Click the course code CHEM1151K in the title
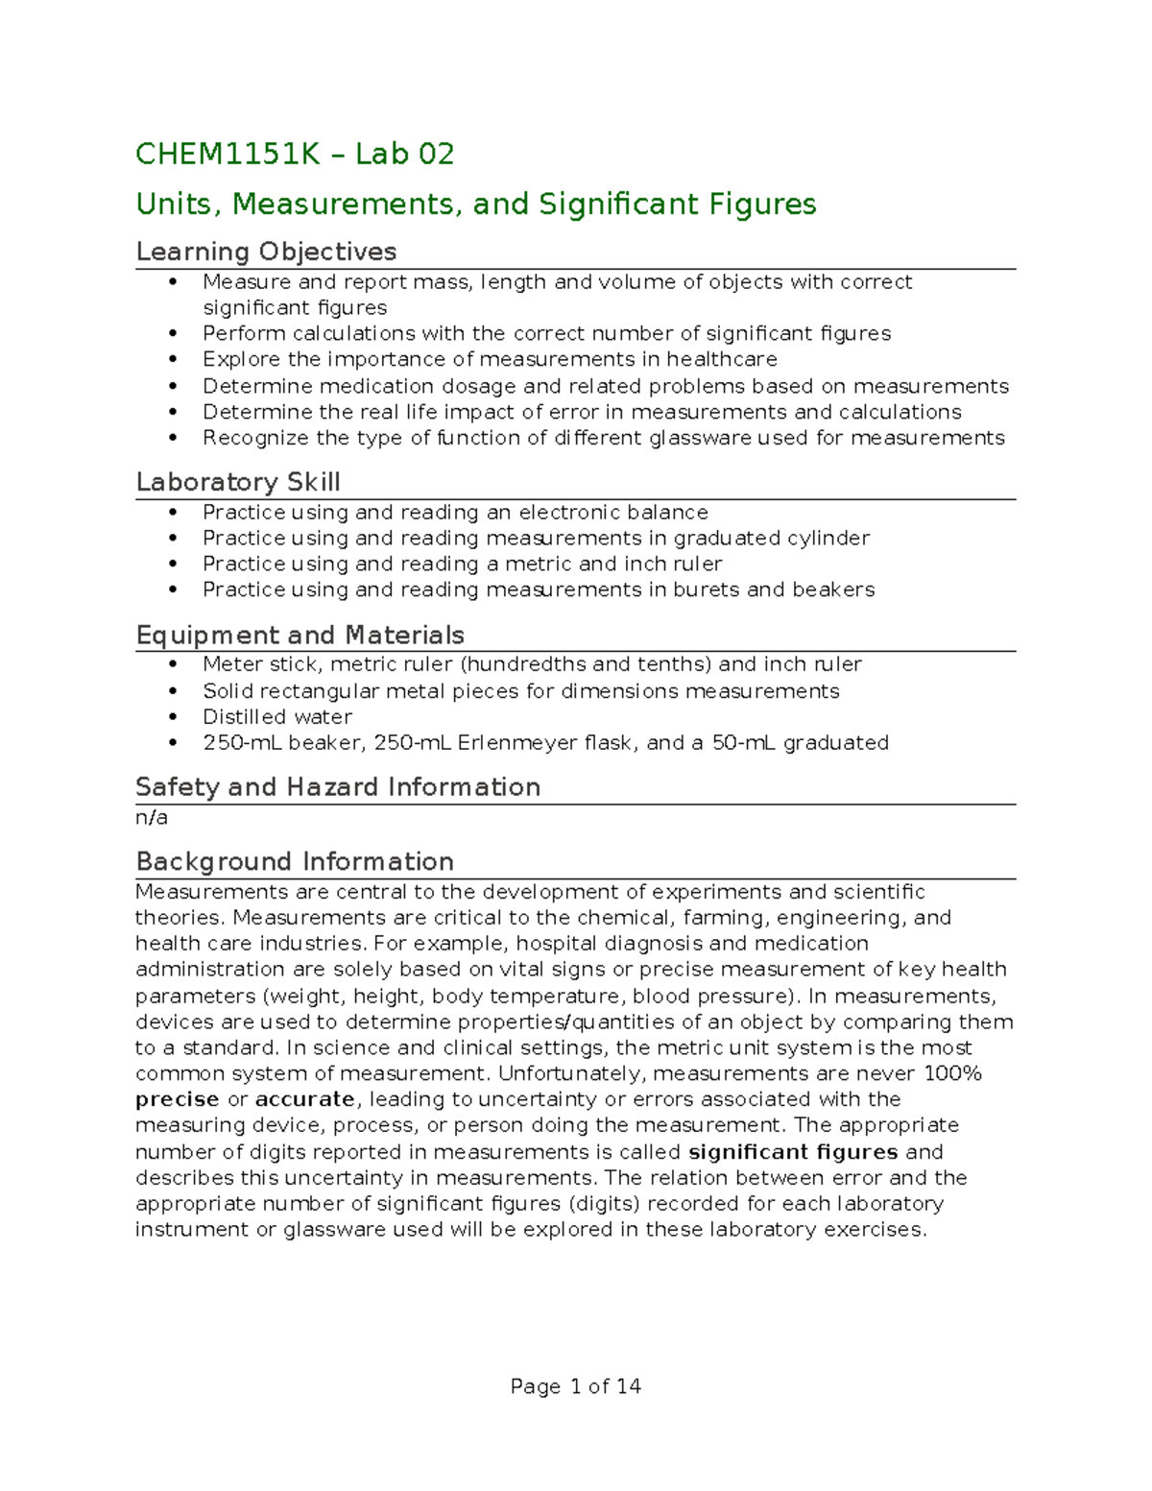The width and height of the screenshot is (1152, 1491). (x=228, y=154)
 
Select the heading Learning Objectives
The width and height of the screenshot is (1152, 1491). (x=266, y=252)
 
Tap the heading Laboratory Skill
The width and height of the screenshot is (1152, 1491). (x=238, y=482)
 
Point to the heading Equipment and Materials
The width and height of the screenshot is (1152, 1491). (x=300, y=635)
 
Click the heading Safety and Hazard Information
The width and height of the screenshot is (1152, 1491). (x=338, y=787)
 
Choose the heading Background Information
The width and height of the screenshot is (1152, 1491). (x=295, y=861)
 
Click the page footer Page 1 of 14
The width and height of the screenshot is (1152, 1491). (x=576, y=1386)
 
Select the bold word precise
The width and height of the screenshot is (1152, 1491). (x=178, y=1099)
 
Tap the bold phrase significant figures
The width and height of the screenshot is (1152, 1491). (x=793, y=1152)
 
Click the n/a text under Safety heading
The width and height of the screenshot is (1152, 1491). (x=152, y=818)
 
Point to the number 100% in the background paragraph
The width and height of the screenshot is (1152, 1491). (x=952, y=1073)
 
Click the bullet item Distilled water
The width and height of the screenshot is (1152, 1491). (x=277, y=717)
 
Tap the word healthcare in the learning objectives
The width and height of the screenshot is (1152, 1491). (x=722, y=359)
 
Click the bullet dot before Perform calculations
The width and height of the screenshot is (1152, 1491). (x=173, y=334)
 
